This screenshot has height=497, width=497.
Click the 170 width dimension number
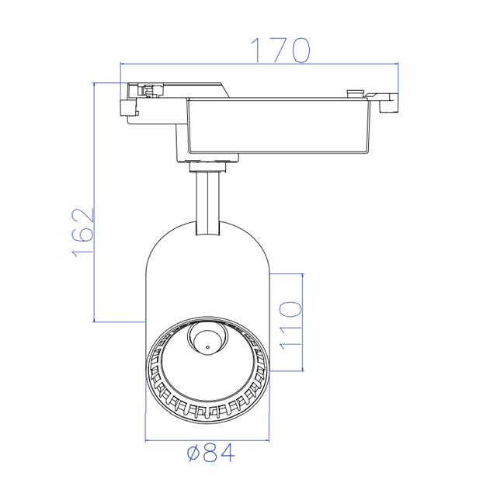(x=280, y=50)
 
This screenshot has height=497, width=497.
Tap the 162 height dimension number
(x=83, y=232)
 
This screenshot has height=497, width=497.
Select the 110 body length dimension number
(x=290, y=325)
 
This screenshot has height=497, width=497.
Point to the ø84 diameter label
(x=211, y=453)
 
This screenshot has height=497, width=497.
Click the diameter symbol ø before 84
(x=193, y=454)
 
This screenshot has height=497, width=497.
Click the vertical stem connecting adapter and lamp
(x=207, y=203)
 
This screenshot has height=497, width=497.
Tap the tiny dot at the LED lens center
(x=207, y=347)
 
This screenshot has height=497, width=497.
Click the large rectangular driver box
(x=278, y=126)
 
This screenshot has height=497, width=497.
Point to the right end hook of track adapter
(x=388, y=102)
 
